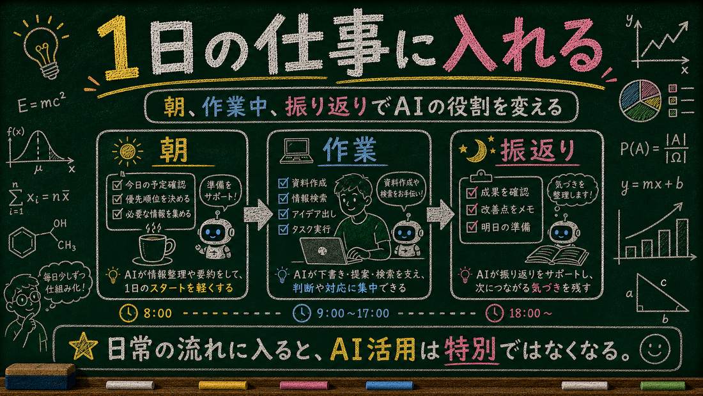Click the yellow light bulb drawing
pyautogui.click(x=42, y=49)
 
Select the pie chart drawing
pyautogui.click(x=640, y=101)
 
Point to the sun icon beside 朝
pyautogui.click(x=127, y=152)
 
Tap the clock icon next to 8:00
pyautogui.click(x=128, y=313)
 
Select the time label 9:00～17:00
pyautogui.click(x=352, y=313)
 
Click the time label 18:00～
pyautogui.click(x=530, y=313)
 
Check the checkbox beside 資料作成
pyautogui.click(x=283, y=183)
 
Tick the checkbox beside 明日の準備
pyautogui.click(x=472, y=226)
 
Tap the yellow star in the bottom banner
pyautogui.click(x=83, y=348)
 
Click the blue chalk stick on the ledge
pyautogui.click(x=389, y=385)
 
